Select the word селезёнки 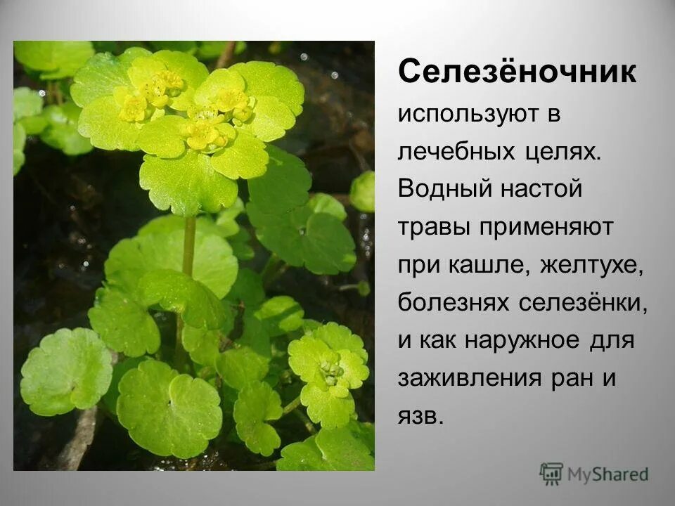tap(583, 304)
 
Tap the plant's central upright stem tap(188, 253)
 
